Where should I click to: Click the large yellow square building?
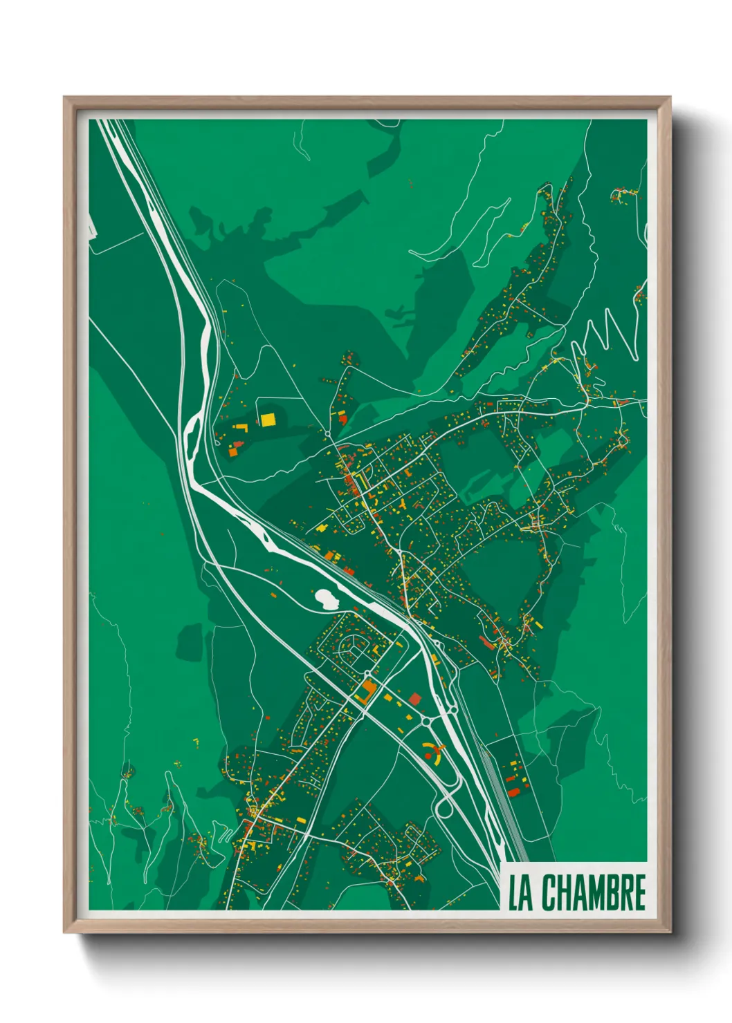[267, 419]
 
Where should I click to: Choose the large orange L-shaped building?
[366, 691]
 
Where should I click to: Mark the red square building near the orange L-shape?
[415, 698]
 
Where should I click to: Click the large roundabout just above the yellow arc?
[426, 722]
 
